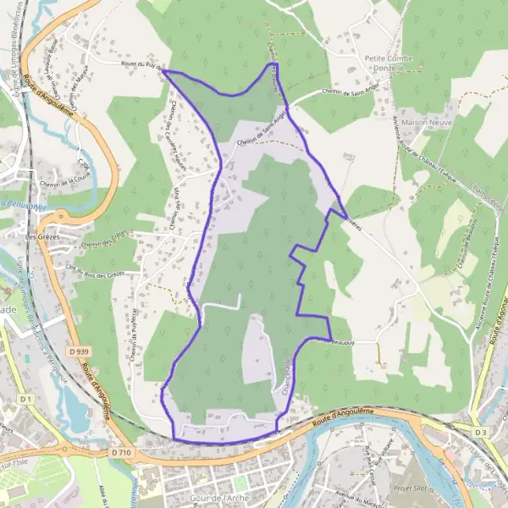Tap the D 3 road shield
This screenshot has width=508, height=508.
pos(481,433)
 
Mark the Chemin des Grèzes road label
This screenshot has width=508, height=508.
pos(102,240)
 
